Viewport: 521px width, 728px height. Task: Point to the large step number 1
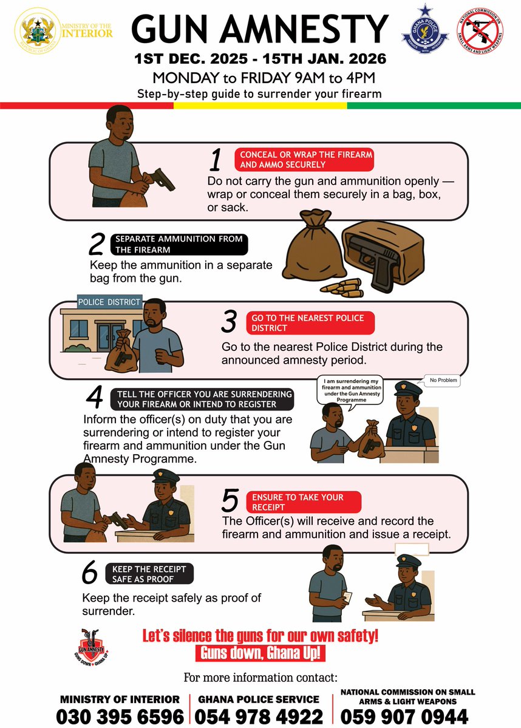tap(216, 160)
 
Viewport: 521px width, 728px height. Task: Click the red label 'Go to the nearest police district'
tap(310, 323)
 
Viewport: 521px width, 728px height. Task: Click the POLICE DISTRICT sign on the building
tap(109, 302)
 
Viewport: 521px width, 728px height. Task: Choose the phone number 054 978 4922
tap(259, 715)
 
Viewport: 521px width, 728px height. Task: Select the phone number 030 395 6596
tap(120, 715)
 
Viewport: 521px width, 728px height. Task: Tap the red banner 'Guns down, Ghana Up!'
tap(260, 654)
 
